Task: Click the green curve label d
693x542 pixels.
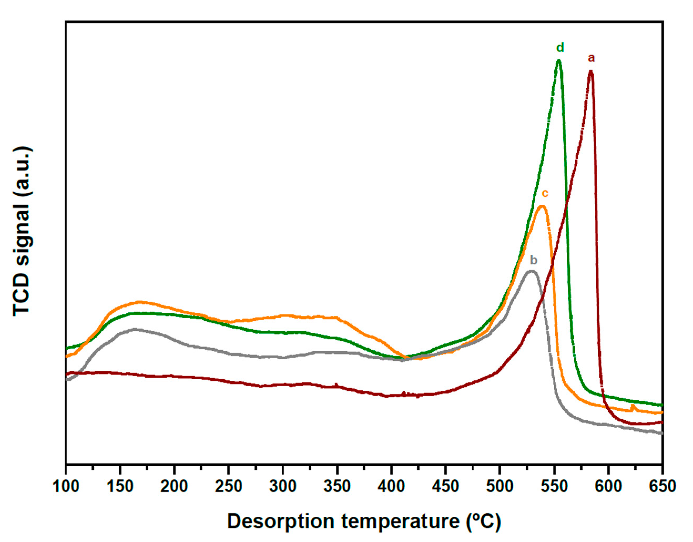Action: pos(560,48)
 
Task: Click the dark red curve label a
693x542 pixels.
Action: pos(591,58)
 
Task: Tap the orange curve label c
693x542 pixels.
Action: pos(545,193)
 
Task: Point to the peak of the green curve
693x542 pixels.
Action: pos(559,61)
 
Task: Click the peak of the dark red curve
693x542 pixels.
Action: pos(590,72)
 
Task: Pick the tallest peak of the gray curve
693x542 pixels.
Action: pos(531,271)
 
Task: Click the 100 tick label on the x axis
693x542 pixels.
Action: pos(66,486)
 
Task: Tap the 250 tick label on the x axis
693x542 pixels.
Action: pos(228,486)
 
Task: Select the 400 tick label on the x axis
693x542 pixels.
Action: pos(391,486)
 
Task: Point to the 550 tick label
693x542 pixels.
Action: pos(554,486)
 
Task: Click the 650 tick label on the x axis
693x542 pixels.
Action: pos(662,486)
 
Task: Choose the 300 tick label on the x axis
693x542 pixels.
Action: pos(283,486)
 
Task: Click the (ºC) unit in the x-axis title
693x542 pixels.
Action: pos(483,522)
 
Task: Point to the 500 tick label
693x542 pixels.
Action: pos(500,486)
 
